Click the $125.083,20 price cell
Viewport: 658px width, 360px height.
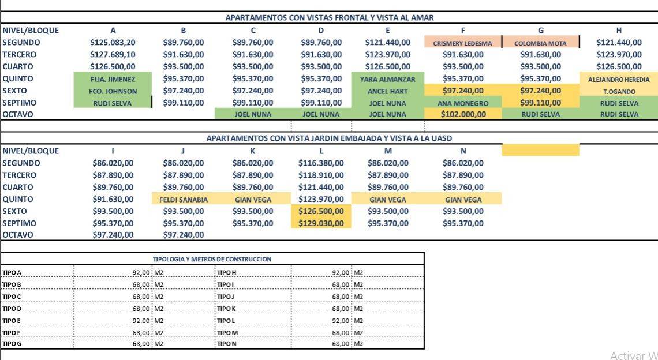(x=113, y=42)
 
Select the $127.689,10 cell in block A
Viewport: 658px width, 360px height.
(x=113, y=54)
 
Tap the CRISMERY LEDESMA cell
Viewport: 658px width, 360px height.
(x=462, y=43)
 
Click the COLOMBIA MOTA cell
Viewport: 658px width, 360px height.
(x=540, y=43)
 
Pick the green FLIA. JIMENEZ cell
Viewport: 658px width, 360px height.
(x=113, y=78)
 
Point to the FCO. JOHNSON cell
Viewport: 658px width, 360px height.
(x=113, y=91)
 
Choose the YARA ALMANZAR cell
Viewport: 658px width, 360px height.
(x=387, y=78)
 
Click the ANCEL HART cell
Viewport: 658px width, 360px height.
(x=387, y=91)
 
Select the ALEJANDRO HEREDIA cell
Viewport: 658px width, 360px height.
(x=618, y=79)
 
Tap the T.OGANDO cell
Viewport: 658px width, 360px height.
(x=619, y=91)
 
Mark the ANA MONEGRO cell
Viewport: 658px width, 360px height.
(x=462, y=103)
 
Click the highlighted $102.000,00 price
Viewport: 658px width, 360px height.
(x=463, y=114)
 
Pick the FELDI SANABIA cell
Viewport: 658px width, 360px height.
(x=183, y=199)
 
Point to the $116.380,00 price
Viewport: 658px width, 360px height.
(x=320, y=163)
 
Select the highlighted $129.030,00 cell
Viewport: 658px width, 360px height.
(x=320, y=223)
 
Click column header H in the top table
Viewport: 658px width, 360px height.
(x=619, y=30)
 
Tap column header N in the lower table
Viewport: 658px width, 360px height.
(x=463, y=151)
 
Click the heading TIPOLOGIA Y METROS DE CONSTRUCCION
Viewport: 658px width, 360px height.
(x=212, y=259)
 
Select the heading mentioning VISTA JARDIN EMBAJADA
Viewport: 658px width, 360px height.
(x=329, y=138)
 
